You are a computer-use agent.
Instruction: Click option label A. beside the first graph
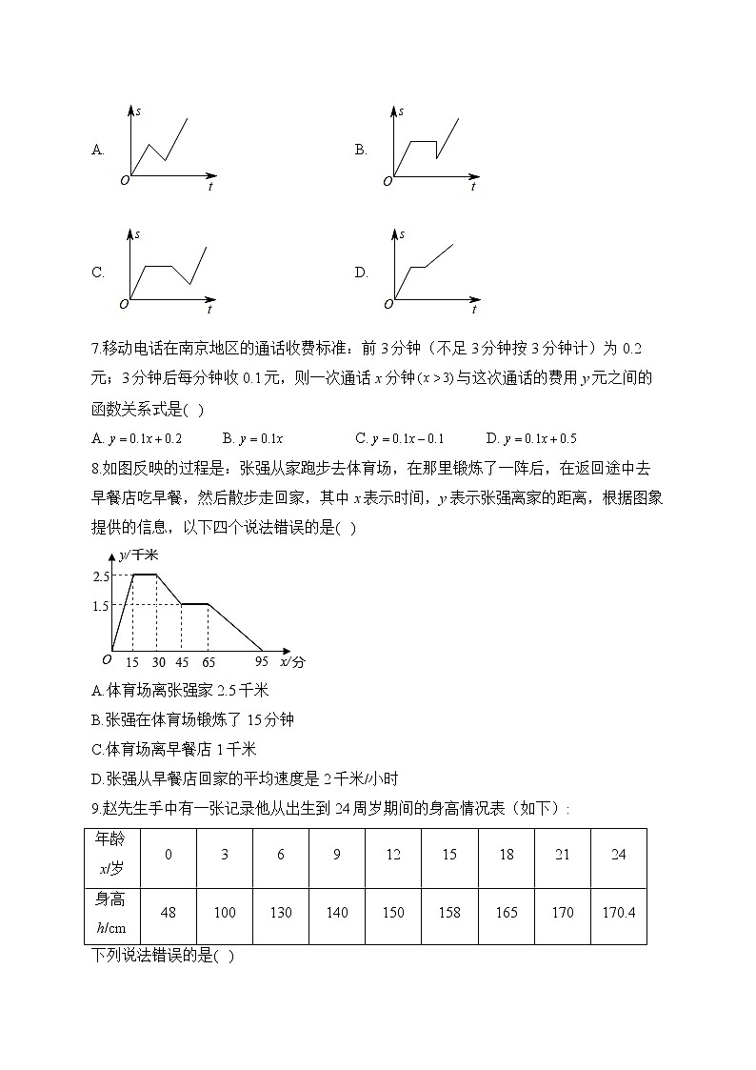pyautogui.click(x=97, y=150)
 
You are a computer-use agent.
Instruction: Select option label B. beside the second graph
pyautogui.click(x=361, y=150)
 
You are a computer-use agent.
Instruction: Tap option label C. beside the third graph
pyautogui.click(x=97, y=273)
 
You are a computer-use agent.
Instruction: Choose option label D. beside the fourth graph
pyautogui.click(x=361, y=273)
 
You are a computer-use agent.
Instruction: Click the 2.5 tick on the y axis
pyautogui.click(x=102, y=575)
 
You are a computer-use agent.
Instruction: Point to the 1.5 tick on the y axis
pyautogui.click(x=102, y=606)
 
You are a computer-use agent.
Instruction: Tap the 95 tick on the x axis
pyautogui.click(x=262, y=662)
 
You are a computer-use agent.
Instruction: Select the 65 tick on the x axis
pyautogui.click(x=209, y=662)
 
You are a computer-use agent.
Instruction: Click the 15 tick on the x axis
pyautogui.click(x=131, y=662)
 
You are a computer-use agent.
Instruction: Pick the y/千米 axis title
pyautogui.click(x=139, y=555)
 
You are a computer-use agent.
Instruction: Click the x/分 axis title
pyautogui.click(x=292, y=661)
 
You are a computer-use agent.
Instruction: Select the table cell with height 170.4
pyautogui.click(x=618, y=913)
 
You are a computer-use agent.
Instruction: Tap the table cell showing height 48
pyautogui.click(x=169, y=913)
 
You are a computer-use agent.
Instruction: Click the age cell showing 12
pyautogui.click(x=393, y=855)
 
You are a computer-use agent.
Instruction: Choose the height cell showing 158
pyautogui.click(x=449, y=913)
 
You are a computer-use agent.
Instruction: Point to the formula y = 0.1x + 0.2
pyautogui.click(x=144, y=438)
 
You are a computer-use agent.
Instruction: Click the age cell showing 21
pyautogui.click(x=562, y=855)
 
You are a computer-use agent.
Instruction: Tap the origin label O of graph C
pyautogui.click(x=123, y=304)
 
